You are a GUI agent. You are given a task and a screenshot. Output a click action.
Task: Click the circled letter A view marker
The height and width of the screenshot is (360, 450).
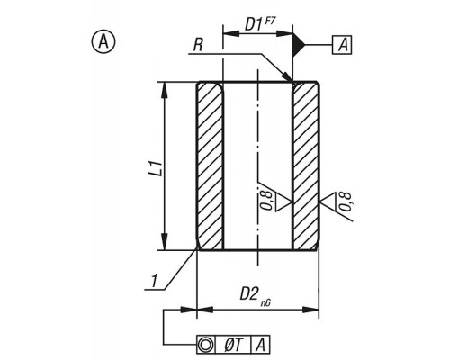coord(103,42)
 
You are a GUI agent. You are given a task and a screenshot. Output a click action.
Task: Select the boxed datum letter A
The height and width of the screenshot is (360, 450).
coord(342,45)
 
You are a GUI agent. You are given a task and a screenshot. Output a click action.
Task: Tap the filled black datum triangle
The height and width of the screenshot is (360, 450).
coord(298,45)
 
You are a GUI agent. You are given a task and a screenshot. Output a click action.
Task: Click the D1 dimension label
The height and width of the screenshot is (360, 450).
coord(254,24)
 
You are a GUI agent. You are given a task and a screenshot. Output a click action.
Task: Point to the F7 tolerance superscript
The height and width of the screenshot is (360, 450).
coord(269,22)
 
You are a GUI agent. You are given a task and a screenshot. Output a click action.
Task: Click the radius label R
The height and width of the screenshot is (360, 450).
coord(198,46)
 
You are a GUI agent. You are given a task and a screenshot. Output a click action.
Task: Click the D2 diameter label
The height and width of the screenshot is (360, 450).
coord(248,294)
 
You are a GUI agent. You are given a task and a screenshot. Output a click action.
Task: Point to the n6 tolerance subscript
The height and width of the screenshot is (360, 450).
coord(265,303)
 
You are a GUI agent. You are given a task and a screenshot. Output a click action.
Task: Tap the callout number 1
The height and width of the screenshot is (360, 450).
coord(154,281)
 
